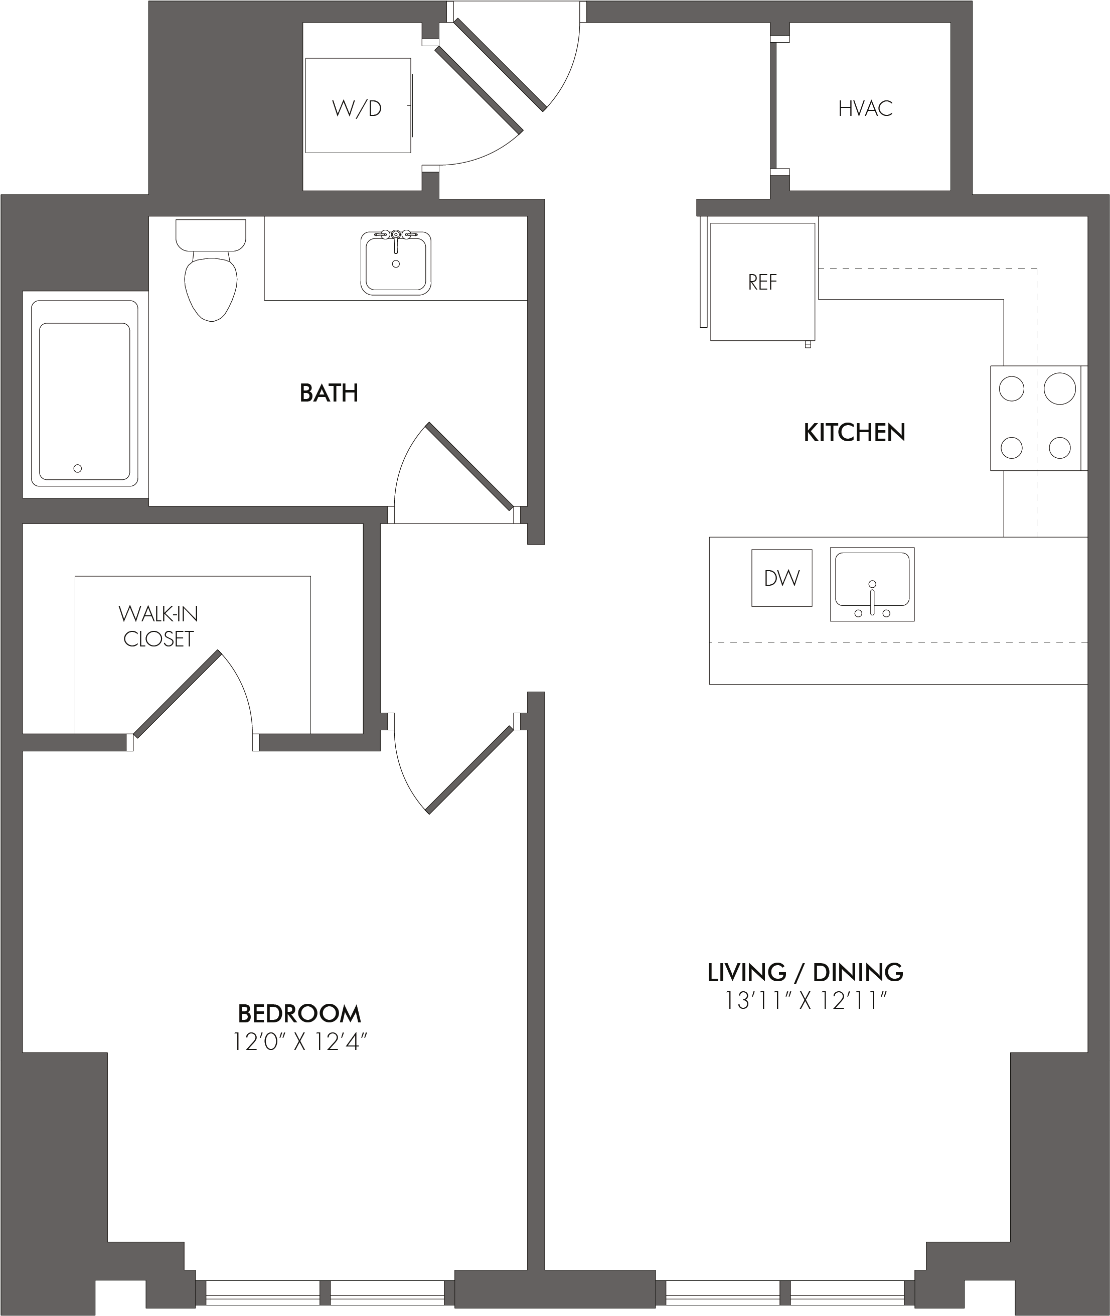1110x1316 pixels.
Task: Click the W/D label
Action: pos(357,108)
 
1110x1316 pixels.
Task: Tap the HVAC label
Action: pos(865,108)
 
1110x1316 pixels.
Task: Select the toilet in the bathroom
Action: pos(211,270)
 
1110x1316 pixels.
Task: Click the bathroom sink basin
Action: pos(396,263)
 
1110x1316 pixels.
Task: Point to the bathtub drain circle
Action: pos(77,468)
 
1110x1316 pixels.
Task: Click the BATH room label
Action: pos(329,393)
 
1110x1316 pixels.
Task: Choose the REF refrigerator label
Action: pos(762,282)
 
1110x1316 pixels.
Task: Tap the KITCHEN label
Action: pos(855,433)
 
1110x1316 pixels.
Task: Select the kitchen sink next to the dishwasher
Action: pos(872,584)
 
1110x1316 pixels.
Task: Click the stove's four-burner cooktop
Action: pos(1036,418)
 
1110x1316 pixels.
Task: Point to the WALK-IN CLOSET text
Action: pos(158,626)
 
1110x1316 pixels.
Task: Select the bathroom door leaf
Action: pos(470,466)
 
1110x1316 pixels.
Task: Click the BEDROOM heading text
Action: pos(299,1014)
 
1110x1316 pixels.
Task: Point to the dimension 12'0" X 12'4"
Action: pos(299,1042)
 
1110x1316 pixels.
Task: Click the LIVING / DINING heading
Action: pos(806,973)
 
